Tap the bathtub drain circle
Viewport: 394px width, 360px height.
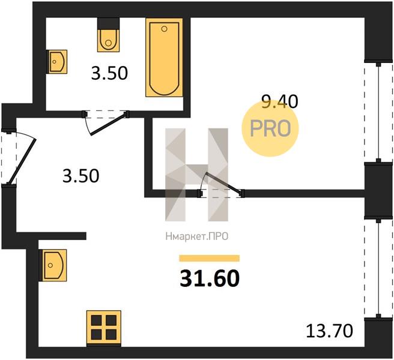[x=165, y=29]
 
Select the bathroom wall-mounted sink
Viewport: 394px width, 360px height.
[x=58, y=62]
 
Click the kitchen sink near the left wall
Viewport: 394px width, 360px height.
[x=53, y=265]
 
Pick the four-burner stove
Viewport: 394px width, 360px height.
[x=104, y=328]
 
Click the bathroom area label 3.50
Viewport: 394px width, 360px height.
[x=109, y=73]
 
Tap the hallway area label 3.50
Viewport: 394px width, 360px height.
[x=81, y=176]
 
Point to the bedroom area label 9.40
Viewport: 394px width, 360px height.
[x=280, y=101]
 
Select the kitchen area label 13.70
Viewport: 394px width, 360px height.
[x=329, y=331]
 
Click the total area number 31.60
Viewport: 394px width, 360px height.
[x=210, y=278]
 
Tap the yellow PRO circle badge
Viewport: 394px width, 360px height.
[x=270, y=128]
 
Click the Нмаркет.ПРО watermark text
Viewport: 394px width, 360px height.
[x=197, y=236]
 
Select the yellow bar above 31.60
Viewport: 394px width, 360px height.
[x=209, y=259]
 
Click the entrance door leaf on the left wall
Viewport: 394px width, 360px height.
[x=22, y=161]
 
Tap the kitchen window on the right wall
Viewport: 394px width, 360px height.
[x=378, y=268]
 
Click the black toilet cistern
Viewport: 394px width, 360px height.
[x=108, y=23]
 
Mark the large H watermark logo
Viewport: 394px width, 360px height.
[x=197, y=175]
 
